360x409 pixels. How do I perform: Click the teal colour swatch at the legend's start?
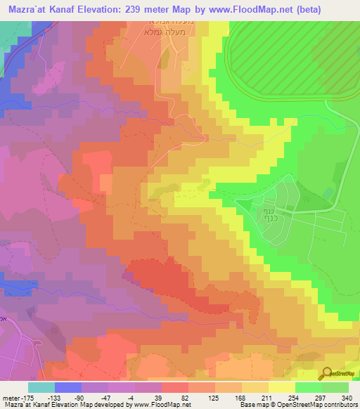pos(41,387)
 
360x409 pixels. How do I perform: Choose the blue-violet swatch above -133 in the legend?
pos(68,387)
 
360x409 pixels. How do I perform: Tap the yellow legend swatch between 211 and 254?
pos(282,387)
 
